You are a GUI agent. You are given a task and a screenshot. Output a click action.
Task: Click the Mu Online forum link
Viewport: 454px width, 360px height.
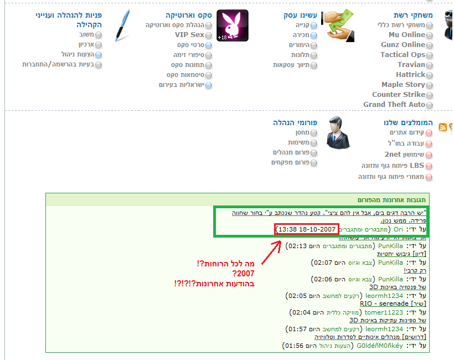point(406,35)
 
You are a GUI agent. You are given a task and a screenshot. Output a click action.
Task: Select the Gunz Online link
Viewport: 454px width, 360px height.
point(403,45)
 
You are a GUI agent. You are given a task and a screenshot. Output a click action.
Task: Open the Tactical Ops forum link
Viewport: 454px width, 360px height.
point(403,55)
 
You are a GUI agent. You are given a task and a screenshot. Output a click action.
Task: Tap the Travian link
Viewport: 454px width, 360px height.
point(411,65)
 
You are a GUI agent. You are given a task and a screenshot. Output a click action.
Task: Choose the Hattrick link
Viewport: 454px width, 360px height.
point(410,75)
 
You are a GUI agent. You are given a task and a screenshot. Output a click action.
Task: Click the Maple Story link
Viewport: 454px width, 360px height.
point(403,85)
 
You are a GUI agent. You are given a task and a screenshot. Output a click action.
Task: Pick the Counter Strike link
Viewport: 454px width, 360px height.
point(399,95)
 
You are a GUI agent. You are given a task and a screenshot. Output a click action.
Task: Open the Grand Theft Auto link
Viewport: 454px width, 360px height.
point(394,105)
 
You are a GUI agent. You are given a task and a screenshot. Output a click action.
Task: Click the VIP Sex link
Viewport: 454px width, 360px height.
point(189,35)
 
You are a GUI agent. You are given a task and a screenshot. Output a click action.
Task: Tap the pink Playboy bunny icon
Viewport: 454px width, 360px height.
point(232,25)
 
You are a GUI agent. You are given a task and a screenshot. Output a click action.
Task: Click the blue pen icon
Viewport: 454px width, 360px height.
point(122,25)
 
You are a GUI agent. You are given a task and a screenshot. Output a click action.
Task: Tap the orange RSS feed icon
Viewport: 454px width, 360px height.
point(442,127)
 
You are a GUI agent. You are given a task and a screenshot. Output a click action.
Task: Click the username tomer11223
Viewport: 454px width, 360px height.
point(384,313)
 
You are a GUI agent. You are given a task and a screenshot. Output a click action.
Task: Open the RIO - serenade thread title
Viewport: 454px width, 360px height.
point(393,304)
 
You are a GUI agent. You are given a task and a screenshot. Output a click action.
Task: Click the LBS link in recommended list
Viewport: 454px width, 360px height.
point(416,166)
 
